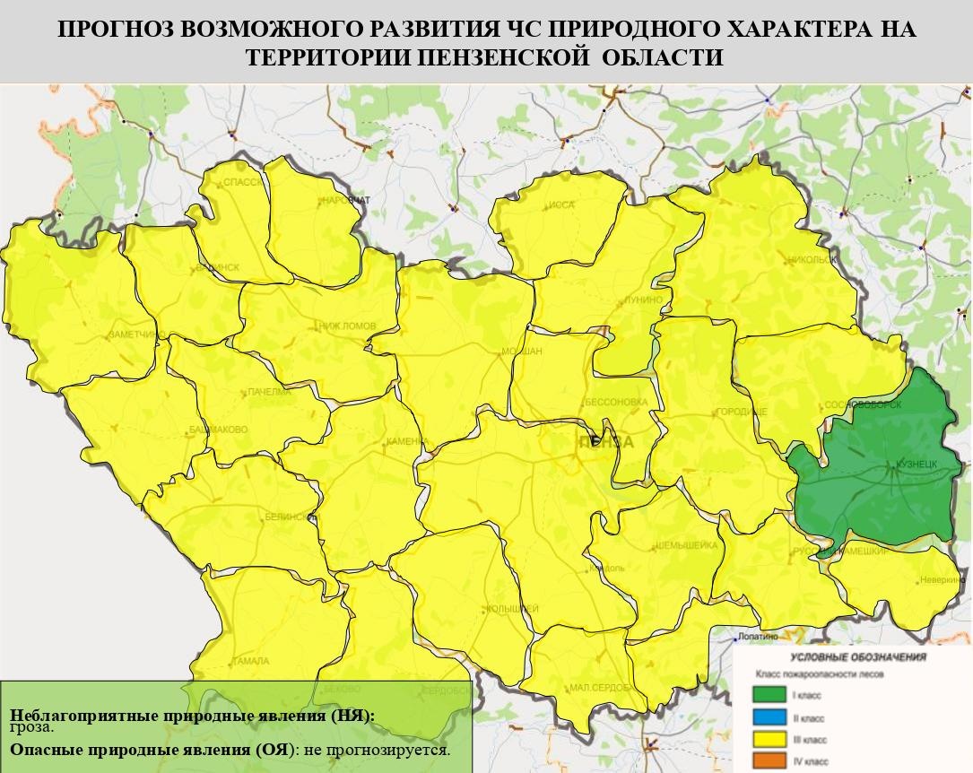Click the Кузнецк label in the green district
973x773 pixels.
[916, 465]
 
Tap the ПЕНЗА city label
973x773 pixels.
[606, 442]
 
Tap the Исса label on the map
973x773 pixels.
[560, 205]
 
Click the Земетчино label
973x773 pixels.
[132, 334]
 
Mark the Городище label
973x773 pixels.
[741, 412]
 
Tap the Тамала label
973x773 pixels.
[249, 661]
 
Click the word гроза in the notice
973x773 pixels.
[31, 727]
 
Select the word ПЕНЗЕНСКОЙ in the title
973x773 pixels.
[510, 56]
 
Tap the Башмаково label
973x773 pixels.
[218, 430]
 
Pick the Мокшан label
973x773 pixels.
[521, 352]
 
